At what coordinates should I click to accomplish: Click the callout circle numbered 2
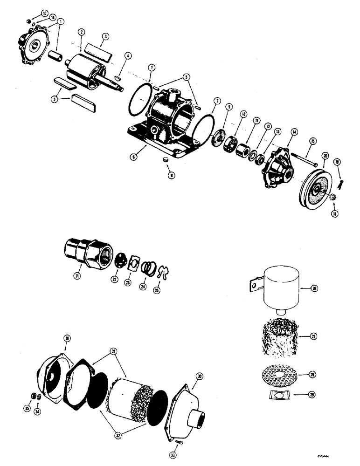tap(82, 32)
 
